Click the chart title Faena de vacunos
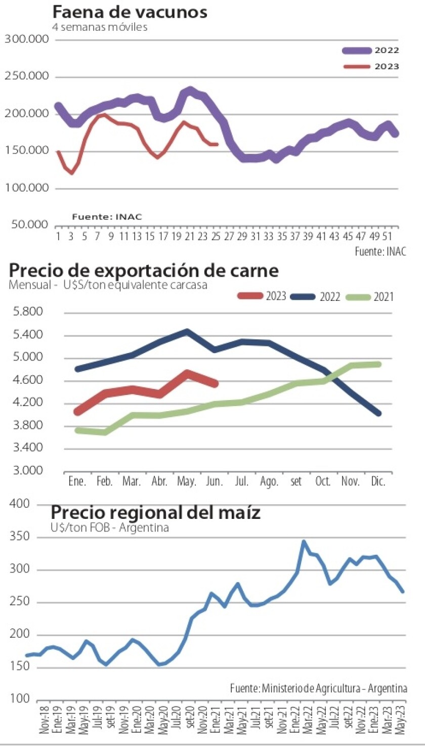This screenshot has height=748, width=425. point(130,12)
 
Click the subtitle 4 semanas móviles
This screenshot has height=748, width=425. point(100,27)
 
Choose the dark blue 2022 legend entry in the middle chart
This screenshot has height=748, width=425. point(316,297)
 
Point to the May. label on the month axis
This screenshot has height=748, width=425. point(187,482)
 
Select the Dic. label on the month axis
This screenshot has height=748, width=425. point(378,482)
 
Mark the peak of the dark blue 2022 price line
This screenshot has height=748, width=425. point(187,332)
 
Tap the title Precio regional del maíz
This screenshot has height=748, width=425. point(156,513)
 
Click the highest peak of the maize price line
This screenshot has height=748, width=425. point(304,541)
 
